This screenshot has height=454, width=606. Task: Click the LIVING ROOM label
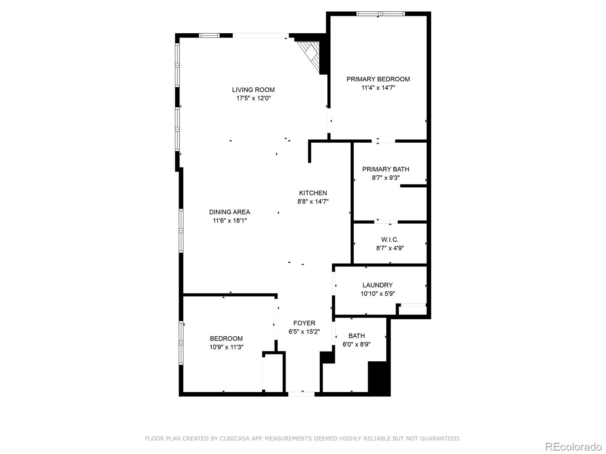pyautogui.click(x=253, y=90)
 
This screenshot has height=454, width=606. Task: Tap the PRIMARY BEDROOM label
pyautogui.click(x=378, y=79)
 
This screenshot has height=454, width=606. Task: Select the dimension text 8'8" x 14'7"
pyautogui.click(x=313, y=202)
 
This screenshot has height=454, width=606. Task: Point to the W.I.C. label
pyautogui.click(x=390, y=240)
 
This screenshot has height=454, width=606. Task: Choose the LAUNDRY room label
pyautogui.click(x=377, y=285)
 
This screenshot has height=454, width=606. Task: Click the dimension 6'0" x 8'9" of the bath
pyautogui.click(x=356, y=344)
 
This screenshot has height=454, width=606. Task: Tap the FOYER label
pyautogui.click(x=304, y=323)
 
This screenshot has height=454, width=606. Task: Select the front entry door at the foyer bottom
pyautogui.click(x=301, y=394)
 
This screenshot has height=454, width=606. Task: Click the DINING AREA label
pyautogui.click(x=230, y=212)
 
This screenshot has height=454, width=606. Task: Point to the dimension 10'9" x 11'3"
pyautogui.click(x=226, y=347)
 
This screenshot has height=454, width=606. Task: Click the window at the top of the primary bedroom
pyautogui.click(x=380, y=14)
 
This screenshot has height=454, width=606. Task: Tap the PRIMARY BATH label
pyautogui.click(x=386, y=169)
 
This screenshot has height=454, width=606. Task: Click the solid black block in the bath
pyautogui.click(x=378, y=378)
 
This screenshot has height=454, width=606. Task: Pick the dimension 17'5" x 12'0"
pyautogui.click(x=253, y=98)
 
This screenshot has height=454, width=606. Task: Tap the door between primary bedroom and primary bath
pyautogui.click(x=383, y=141)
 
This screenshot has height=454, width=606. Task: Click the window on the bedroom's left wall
pyautogui.click(x=181, y=342)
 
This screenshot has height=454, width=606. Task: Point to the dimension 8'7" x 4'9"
pyautogui.click(x=390, y=249)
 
